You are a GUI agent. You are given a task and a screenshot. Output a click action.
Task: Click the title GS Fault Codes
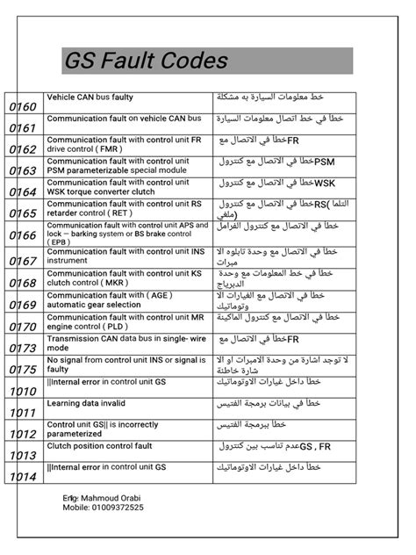146,61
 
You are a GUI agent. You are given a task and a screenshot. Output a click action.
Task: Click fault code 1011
23,412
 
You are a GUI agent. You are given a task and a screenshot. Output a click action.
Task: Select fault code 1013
23,456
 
